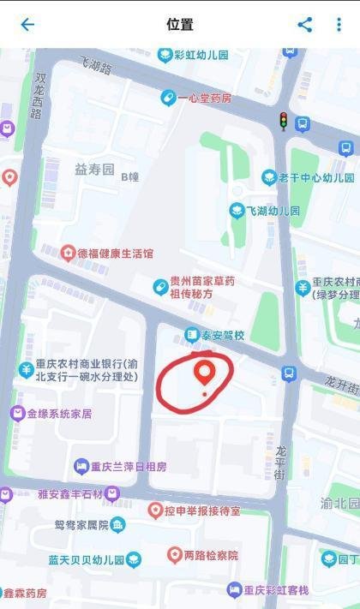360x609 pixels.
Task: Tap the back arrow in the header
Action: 27,25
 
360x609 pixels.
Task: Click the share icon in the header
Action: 305,25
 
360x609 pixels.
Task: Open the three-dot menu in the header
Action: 339,25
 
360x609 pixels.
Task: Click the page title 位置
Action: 180,25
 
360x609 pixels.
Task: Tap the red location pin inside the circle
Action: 204,373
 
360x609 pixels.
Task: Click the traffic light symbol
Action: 284,121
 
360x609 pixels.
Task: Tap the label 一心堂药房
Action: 204,99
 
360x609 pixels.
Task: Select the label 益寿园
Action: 94,170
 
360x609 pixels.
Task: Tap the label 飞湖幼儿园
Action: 273,211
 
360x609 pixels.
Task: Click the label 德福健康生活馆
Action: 115,254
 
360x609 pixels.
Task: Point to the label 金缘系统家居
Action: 58,414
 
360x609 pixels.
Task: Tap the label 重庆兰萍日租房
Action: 129,467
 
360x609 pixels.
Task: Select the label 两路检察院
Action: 210,555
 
